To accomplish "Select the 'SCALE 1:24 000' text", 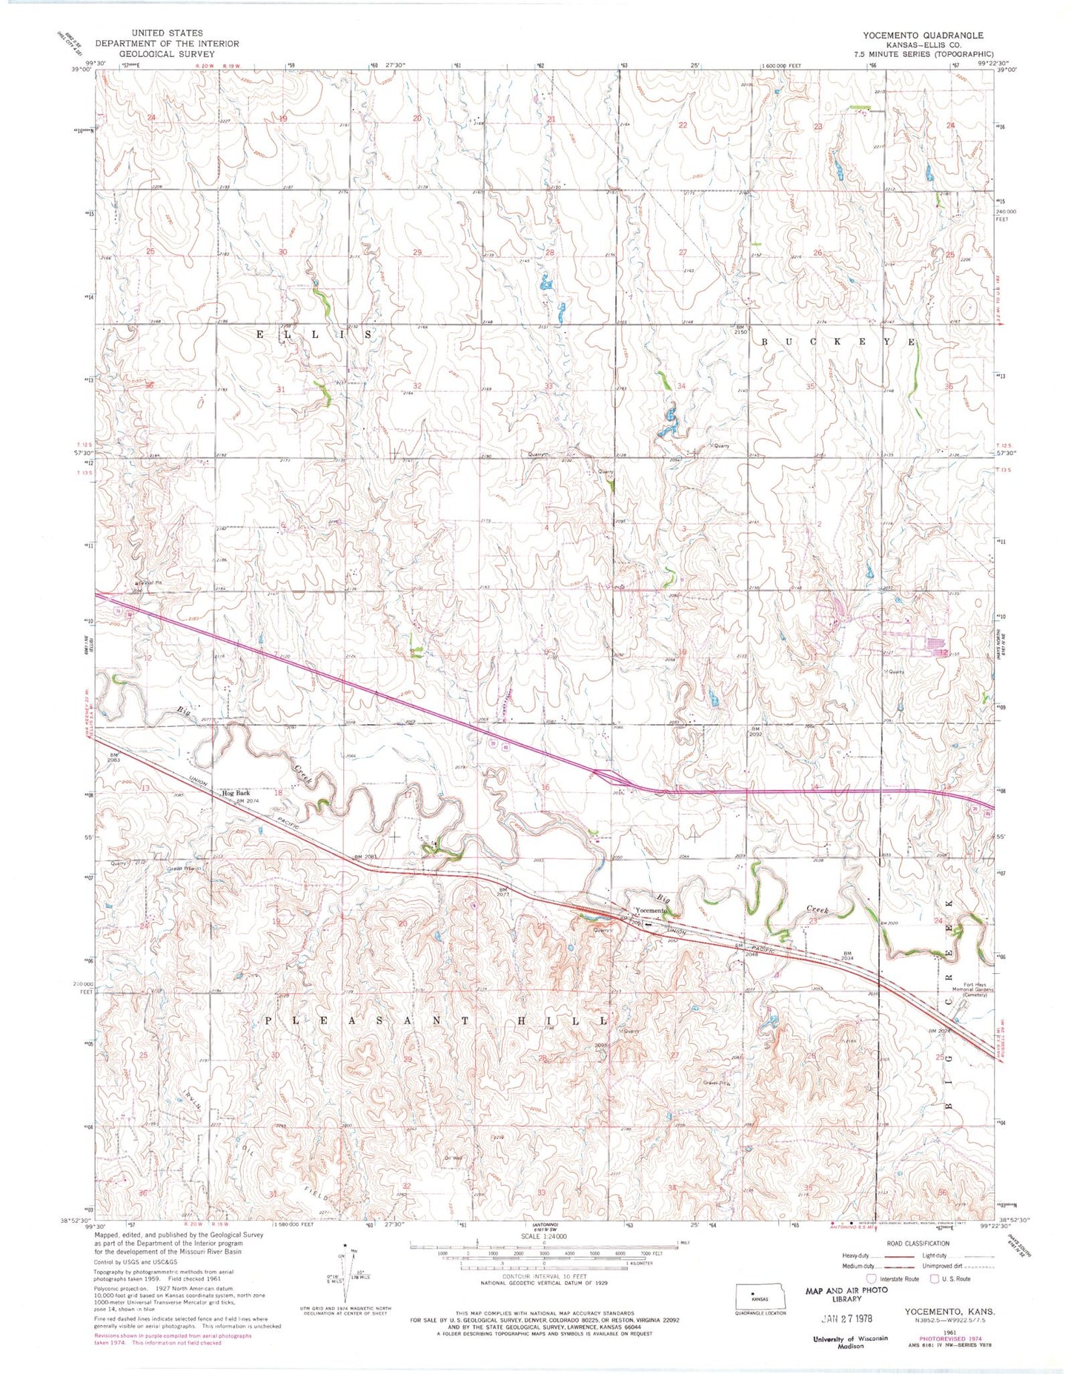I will point(544,1237).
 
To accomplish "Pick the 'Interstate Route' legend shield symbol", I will point(871,1278).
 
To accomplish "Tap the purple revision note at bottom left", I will point(172,1339).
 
